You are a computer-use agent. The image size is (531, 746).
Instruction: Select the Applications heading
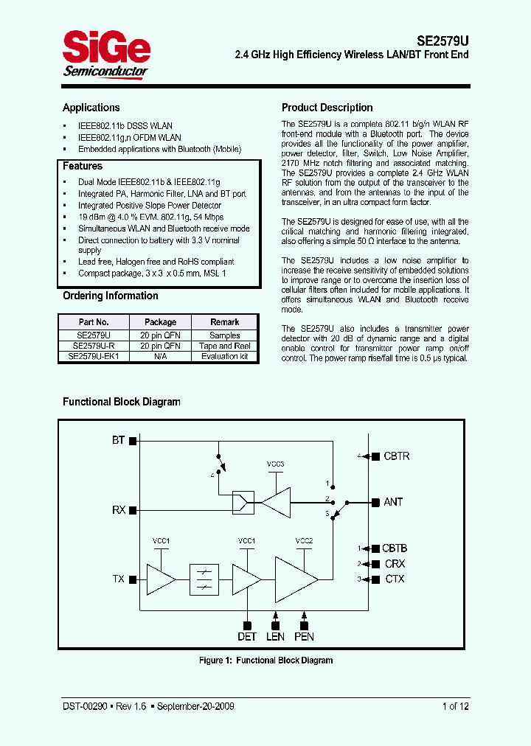coord(91,108)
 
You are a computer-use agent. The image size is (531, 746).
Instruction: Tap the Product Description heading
coord(327,108)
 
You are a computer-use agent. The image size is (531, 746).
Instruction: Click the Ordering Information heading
coord(110,296)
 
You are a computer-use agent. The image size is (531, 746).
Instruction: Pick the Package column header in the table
coord(160,322)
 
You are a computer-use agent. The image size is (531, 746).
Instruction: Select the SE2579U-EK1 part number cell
coord(93,356)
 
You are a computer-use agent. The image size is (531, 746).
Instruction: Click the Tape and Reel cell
coord(225,346)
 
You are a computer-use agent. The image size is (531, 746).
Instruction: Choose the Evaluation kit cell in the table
coord(225,356)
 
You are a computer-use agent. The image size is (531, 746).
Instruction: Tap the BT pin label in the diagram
coord(118,440)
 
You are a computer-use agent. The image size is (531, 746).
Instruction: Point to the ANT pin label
coord(393,502)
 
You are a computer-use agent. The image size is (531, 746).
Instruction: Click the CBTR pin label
coord(396,456)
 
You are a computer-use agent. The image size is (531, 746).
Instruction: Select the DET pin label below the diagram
coord(246,636)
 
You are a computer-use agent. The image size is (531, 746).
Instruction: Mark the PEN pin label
coord(304,636)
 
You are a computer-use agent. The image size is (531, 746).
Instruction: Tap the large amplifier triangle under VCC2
coord(296,579)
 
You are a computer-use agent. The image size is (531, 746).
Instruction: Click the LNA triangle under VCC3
coord(275,502)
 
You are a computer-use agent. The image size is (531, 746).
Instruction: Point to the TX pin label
coord(118,579)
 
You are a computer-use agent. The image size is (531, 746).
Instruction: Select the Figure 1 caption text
coord(265,660)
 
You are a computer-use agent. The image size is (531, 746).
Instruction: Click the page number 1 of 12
coord(455,706)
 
